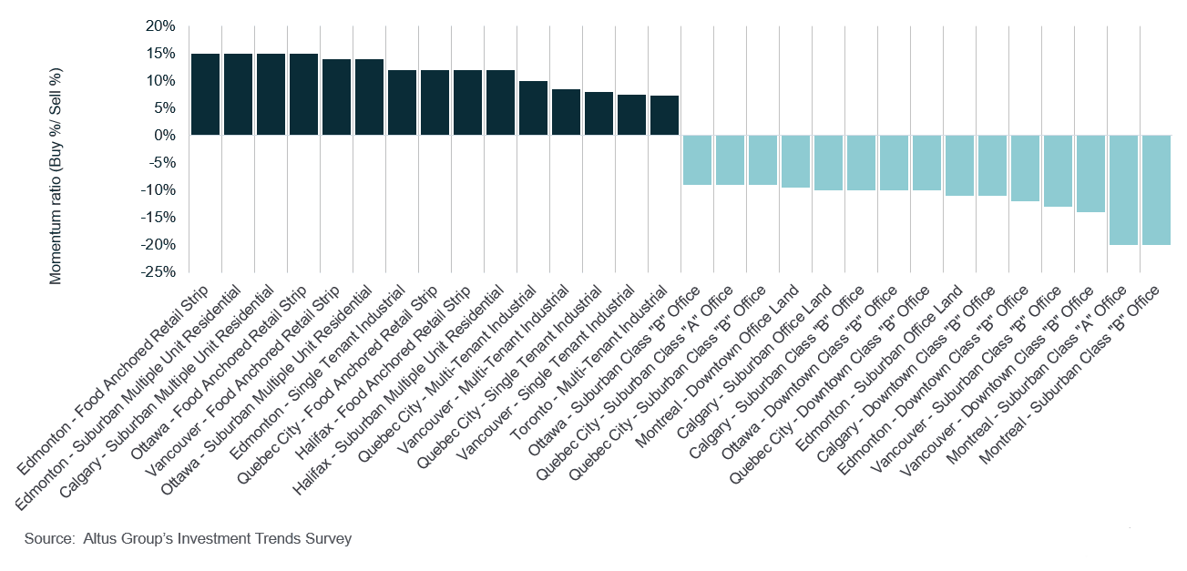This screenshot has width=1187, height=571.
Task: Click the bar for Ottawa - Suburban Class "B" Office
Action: click(x=697, y=160)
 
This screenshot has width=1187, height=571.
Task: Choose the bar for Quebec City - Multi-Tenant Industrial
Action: click(x=533, y=108)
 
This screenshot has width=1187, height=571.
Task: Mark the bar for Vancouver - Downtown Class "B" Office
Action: click(x=1090, y=174)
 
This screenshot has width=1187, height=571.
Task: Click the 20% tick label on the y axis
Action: click(x=159, y=26)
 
